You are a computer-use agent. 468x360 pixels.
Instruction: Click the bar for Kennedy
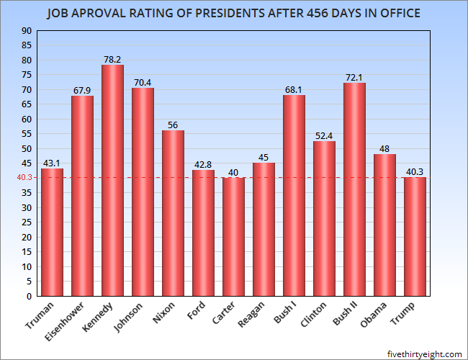(112, 180)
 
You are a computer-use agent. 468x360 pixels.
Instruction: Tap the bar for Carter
(233, 237)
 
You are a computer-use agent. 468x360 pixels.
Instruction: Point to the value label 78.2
(112, 59)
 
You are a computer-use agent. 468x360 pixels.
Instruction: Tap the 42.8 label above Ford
(203, 163)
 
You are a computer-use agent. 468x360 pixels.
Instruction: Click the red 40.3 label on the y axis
(24, 177)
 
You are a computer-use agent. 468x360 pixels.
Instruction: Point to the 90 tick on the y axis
(27, 31)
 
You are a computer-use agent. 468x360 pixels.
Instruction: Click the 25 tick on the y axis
(27, 222)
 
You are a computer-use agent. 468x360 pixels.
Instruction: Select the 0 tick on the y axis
(30, 296)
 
